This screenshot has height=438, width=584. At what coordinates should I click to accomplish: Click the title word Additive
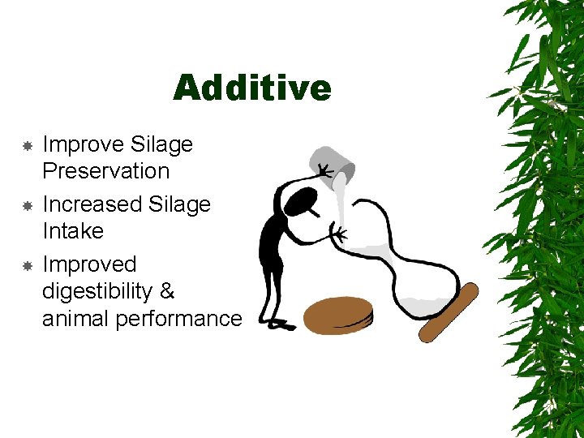251,88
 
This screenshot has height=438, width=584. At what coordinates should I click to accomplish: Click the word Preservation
105,171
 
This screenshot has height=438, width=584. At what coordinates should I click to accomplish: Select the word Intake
73,231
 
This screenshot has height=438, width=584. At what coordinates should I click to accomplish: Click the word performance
178,319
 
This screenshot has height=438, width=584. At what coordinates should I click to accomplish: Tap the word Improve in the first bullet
83,144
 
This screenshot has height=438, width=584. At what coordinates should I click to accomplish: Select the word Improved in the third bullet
89,264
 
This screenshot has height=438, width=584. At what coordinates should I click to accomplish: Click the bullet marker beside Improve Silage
27,146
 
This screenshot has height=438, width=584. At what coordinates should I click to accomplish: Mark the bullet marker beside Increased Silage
27,205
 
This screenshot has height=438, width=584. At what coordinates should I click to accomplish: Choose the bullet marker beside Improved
27,265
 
